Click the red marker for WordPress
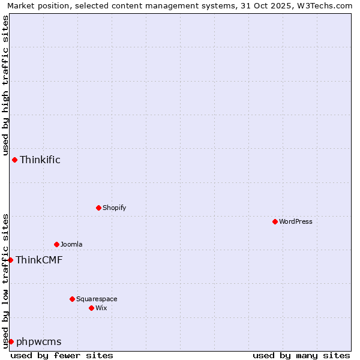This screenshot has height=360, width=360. tap(275, 221)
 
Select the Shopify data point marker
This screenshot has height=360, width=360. tap(98, 208)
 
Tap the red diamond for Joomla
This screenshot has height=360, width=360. tap(56, 244)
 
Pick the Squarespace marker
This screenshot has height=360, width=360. tap(72, 299)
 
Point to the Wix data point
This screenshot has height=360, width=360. tap(91, 308)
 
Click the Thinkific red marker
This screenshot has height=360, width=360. tap(14, 160)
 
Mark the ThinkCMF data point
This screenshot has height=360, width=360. tap(10, 260)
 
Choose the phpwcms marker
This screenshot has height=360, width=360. tap(11, 341)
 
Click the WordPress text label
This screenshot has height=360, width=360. tap(296, 221)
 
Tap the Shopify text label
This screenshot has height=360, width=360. tap(114, 208)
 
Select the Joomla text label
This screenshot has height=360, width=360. tap(71, 244)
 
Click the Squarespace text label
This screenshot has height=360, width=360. tap(97, 299)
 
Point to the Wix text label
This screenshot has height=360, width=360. tap(101, 308)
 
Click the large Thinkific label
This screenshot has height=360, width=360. tap(40, 160)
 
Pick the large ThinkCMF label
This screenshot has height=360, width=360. tap(39, 260)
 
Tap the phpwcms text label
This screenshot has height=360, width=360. tap(38, 341)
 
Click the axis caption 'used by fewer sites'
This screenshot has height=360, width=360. tap(62, 355)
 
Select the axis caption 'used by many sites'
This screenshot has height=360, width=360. tap(301, 355)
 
